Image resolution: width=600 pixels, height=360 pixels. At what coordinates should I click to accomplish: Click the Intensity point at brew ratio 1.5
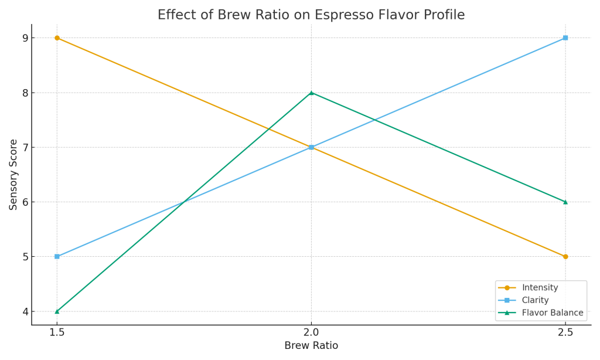coord(57,38)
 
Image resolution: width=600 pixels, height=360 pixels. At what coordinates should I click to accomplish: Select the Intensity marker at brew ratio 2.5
coord(565,256)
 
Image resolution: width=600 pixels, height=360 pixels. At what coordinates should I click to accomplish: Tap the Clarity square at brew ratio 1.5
coord(57,256)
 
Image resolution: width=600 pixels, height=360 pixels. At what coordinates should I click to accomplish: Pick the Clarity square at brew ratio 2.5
coord(565,38)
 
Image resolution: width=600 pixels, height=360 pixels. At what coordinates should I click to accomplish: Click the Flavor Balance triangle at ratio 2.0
coord(311,93)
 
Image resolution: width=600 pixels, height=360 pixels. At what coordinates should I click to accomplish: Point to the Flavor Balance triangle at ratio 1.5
coord(57,311)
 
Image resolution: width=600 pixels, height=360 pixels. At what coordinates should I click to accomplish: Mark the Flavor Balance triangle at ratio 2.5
coord(565,202)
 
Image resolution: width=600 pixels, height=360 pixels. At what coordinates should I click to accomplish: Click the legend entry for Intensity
coord(540,288)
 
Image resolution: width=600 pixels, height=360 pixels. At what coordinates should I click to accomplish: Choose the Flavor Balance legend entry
coord(553,313)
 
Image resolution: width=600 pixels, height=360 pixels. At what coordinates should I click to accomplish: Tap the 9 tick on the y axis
coord(25,38)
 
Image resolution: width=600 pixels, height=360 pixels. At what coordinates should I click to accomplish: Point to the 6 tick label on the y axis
coord(25,202)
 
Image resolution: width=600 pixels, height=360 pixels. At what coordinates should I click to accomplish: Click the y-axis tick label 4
coord(25,311)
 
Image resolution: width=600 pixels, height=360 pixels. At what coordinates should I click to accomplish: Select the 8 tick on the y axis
coord(25,93)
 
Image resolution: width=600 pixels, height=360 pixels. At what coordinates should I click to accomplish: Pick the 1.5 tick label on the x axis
coord(57,332)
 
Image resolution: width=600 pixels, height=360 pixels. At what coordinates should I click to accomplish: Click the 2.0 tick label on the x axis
coord(311,332)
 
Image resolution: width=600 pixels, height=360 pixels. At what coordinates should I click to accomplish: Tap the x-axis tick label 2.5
coord(565,332)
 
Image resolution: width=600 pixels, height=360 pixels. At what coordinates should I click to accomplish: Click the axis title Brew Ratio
coord(311,346)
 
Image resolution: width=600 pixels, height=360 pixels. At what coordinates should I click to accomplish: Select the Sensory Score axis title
coord(14,174)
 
